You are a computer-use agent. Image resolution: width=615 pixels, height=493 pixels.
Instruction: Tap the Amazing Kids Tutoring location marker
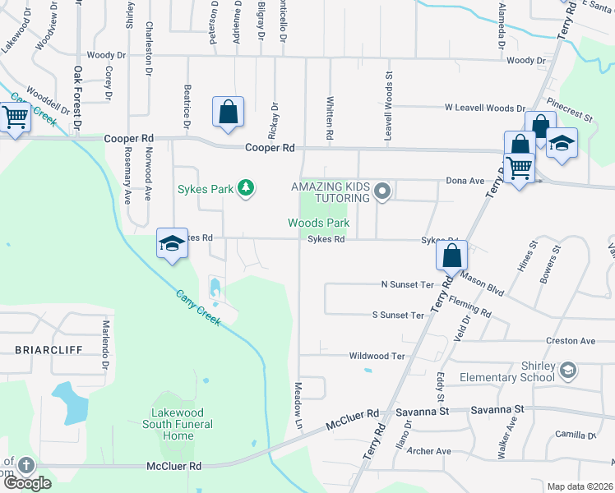point(381,192)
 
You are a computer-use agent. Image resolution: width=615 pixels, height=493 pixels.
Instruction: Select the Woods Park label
point(318,223)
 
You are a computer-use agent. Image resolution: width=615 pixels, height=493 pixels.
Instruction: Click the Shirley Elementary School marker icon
point(567,372)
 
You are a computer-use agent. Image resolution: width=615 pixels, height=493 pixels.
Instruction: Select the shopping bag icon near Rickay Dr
point(229,113)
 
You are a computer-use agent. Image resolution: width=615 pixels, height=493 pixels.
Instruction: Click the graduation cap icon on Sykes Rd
point(172,244)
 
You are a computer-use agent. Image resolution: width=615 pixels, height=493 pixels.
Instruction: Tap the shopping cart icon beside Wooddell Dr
point(15,117)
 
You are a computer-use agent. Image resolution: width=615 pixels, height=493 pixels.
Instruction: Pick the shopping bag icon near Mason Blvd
point(451,256)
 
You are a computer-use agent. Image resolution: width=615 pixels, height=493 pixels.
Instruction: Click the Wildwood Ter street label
point(377,356)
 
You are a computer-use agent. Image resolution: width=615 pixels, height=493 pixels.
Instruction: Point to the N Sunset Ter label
point(406,284)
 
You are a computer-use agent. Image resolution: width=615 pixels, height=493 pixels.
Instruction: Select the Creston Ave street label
point(571,341)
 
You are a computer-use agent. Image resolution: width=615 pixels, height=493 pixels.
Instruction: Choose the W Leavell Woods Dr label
point(483,108)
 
